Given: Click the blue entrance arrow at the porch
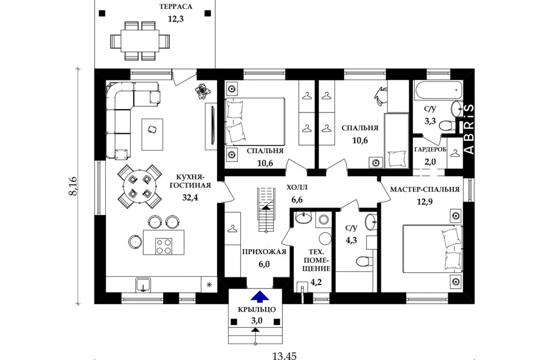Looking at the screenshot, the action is point(260,296).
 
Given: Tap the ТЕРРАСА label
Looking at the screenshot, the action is point(175,7).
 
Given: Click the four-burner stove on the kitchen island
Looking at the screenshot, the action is point(164,246).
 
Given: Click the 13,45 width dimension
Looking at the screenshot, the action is point(284,355).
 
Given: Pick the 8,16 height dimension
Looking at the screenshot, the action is point(73,186).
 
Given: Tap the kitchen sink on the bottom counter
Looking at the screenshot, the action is point(143,285).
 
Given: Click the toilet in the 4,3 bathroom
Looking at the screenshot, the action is point(364,261).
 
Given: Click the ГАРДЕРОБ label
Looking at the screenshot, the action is point(430,150).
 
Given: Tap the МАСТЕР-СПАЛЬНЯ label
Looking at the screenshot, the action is point(425,190).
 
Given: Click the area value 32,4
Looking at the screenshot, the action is point(191,197).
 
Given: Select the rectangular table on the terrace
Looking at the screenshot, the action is point(140,40).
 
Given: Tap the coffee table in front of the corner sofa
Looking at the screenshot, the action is point(152,134).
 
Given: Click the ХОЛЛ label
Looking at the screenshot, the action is point(297,188).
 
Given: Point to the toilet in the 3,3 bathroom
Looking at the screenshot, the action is point(447,125).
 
